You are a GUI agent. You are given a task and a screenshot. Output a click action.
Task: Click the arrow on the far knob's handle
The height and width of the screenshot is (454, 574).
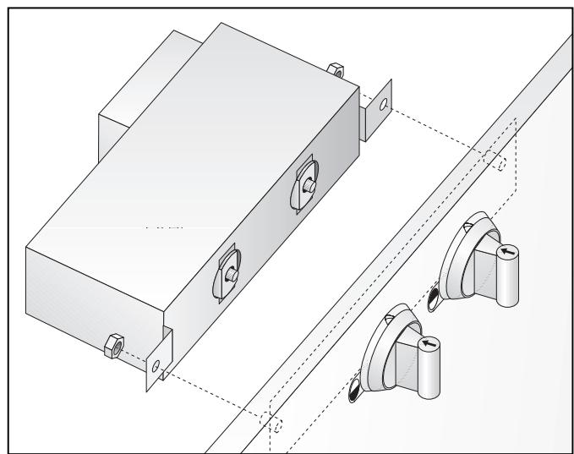507,251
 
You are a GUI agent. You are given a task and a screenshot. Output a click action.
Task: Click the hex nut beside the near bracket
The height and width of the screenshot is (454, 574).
112,347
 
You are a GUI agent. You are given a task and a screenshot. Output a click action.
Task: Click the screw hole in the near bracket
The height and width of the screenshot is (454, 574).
155,366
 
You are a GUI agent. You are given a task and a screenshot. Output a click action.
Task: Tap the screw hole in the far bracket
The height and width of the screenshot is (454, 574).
384,107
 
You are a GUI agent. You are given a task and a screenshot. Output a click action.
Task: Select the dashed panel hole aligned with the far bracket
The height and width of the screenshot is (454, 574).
503,163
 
